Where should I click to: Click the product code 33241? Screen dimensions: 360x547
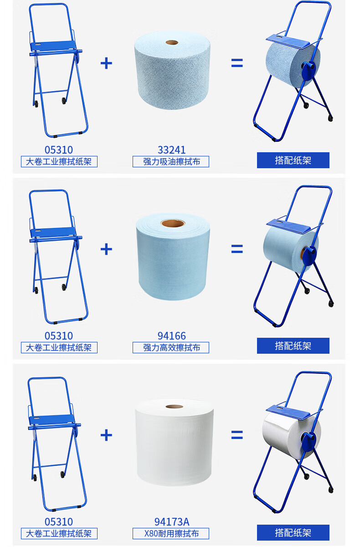172,150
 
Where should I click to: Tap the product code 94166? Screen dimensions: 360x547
172,336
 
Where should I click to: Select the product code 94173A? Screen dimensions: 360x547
172,522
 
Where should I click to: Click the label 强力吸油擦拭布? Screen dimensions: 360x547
171,162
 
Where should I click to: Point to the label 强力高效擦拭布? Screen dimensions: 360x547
171,347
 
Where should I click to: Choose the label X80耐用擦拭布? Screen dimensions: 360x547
171,534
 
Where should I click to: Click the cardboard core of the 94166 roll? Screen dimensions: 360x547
173,223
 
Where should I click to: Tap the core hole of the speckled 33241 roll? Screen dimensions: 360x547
172,42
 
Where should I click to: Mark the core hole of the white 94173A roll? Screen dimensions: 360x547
174,406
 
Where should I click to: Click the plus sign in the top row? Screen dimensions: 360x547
106,63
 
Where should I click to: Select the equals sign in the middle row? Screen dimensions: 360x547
237,249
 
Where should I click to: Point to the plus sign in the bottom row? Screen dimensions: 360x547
106,435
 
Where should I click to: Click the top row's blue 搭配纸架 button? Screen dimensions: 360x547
293,160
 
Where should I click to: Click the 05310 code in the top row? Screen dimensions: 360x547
59,150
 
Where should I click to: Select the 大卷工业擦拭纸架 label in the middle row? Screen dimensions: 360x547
59,347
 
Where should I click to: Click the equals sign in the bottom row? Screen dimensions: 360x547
237,435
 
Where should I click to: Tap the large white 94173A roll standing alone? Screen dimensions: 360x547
174,442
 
